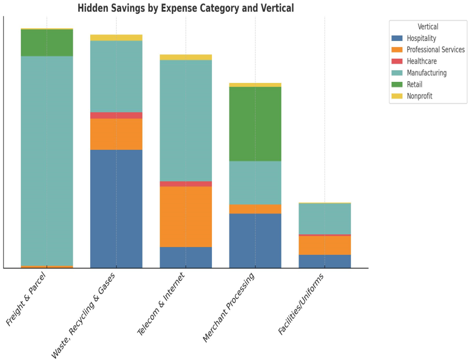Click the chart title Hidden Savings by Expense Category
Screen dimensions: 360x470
tap(185, 8)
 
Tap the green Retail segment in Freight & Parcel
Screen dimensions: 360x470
tap(47, 42)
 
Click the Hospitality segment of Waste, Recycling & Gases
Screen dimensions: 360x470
tap(116, 209)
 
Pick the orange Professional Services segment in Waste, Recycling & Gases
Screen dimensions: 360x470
tap(116, 134)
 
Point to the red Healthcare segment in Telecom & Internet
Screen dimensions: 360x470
tap(186, 184)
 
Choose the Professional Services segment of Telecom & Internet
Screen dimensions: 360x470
tap(186, 217)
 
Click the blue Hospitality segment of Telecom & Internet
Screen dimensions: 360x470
tap(186, 258)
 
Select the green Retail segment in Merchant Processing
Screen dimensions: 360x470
tap(255, 124)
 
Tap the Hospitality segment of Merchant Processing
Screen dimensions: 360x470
tap(255, 241)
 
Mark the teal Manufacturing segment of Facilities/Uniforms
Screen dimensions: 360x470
tap(325, 219)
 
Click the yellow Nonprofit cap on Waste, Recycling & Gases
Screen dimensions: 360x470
tap(116, 38)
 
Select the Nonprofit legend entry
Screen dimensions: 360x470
tap(419, 96)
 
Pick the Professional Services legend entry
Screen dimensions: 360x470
tap(435, 50)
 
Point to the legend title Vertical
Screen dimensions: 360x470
tap(428, 27)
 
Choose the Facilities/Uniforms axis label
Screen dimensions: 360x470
tap(301, 304)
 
